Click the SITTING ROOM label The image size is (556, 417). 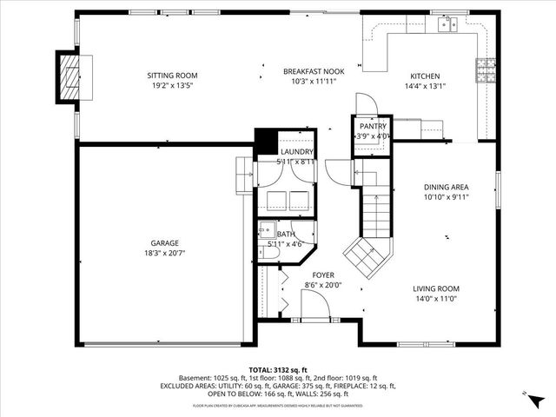(x=169, y=76)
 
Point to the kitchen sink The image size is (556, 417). (x=447, y=24)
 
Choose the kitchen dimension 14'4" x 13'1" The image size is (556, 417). (x=425, y=86)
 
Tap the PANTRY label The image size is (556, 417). (x=373, y=126)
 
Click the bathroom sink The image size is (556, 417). (x=267, y=231)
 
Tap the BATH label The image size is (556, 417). (x=286, y=234)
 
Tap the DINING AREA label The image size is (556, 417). (x=447, y=187)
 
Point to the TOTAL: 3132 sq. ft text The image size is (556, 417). (x=278, y=369)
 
